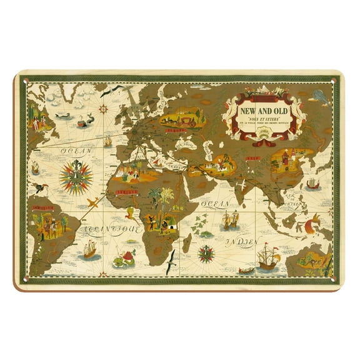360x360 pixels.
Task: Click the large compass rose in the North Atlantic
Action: tap(76, 174)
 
